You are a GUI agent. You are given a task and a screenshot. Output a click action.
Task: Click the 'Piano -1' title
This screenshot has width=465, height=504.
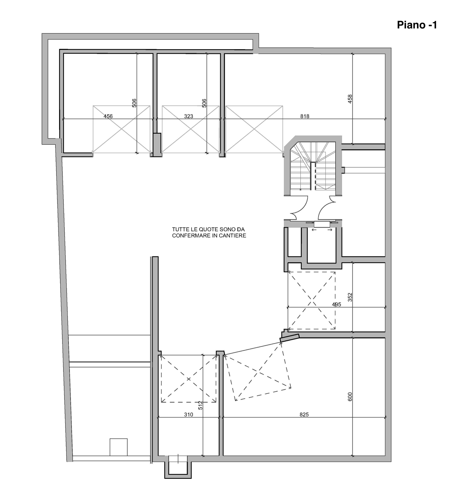417,25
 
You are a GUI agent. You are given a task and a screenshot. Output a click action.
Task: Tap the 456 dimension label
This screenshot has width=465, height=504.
108,116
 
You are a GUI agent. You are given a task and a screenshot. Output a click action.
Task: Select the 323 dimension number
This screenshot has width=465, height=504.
188,116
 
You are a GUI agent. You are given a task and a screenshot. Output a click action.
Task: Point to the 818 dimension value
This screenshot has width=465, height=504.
305,116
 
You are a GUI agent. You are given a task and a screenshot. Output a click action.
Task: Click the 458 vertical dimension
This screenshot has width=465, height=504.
350,99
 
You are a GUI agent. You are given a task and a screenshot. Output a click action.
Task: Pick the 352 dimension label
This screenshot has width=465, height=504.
350,297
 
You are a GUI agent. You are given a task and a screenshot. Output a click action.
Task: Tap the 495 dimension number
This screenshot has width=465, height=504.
336,305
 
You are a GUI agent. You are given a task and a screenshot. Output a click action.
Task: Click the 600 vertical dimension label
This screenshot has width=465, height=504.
350,397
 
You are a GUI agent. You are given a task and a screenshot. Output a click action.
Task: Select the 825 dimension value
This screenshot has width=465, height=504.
304,415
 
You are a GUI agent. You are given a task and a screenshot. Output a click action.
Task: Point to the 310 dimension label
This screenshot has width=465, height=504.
188,415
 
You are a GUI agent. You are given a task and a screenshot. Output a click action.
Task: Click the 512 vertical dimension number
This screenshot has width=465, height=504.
200,405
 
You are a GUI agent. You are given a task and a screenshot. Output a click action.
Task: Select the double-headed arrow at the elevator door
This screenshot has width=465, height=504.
322,230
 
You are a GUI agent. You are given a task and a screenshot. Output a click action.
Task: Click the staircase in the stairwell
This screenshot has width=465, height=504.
313,166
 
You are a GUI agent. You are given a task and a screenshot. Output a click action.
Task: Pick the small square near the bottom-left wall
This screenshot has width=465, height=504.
118,447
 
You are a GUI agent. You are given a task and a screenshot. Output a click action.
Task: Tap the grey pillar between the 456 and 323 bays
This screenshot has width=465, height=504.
157,145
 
